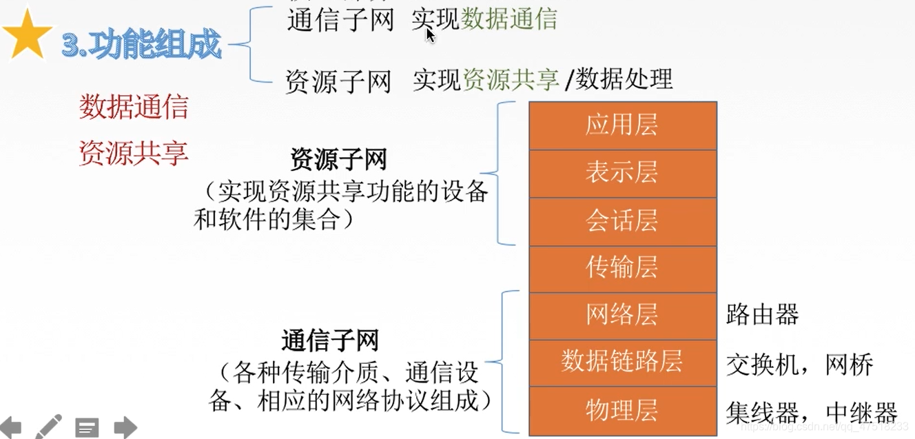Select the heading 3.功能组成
coord(141,45)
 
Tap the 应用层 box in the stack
coord(622,125)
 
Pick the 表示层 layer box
coord(622,173)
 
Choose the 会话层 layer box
coord(622,221)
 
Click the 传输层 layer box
coord(622,267)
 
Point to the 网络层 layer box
coord(622,315)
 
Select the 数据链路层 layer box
coord(622,361)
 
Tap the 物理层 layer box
coord(622,409)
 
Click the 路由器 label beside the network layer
coord(762,315)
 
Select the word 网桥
coord(850,365)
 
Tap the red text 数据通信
coord(134,108)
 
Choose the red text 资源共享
coord(134,153)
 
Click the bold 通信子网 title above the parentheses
coord(330,340)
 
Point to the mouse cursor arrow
coord(430,34)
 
